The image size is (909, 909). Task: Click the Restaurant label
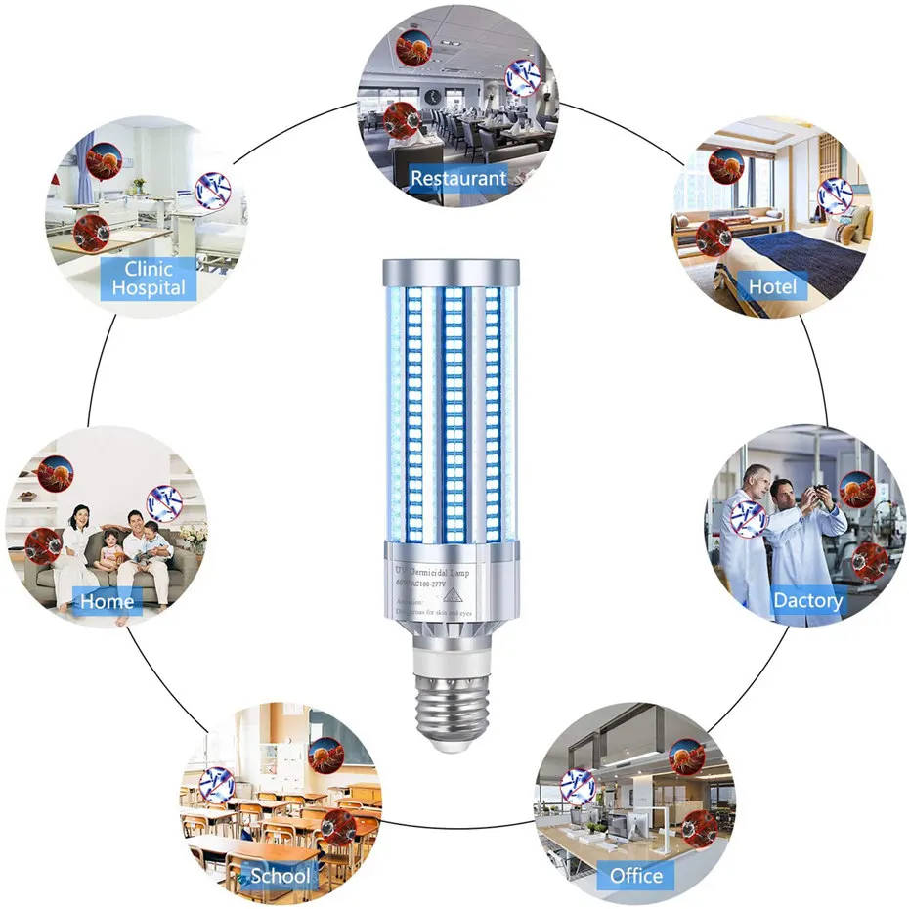(x=458, y=179)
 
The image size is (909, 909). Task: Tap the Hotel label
(x=772, y=286)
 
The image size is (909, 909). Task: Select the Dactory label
(x=807, y=600)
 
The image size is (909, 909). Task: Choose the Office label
(x=636, y=875)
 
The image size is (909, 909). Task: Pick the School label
(x=281, y=875)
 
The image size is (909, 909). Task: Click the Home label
(x=107, y=601)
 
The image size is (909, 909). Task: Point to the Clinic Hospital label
(x=149, y=279)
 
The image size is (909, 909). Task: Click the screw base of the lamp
(x=455, y=700)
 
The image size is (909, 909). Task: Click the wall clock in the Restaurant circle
(x=430, y=96)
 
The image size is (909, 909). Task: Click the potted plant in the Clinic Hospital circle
(x=138, y=185)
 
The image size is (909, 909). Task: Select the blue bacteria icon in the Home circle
(x=163, y=501)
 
